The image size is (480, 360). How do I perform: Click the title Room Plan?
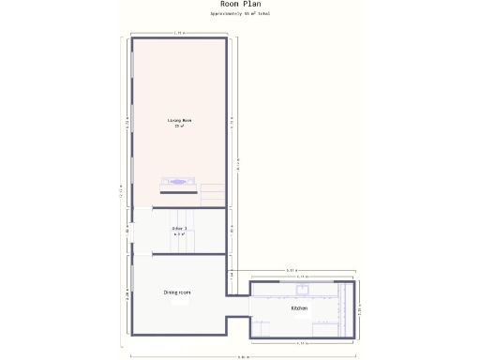pyautogui.click(x=241, y=4)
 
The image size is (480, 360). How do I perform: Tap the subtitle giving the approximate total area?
pyautogui.click(x=241, y=14)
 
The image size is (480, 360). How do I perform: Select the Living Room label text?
pyautogui.click(x=179, y=121)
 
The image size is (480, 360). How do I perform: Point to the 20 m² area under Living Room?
pyautogui.click(x=179, y=127)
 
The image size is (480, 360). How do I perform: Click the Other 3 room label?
pyautogui.click(x=179, y=228)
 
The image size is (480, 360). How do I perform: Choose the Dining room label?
pyautogui.click(x=177, y=292)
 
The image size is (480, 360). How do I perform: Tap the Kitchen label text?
pyautogui.click(x=299, y=307)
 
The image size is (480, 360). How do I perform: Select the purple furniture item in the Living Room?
pyautogui.click(x=177, y=183)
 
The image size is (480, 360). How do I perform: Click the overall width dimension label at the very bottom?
pyautogui.click(x=243, y=357)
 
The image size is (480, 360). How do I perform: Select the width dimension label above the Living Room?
pyautogui.click(x=178, y=33)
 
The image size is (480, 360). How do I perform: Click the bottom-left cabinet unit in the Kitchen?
pyautogui.click(x=260, y=328)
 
